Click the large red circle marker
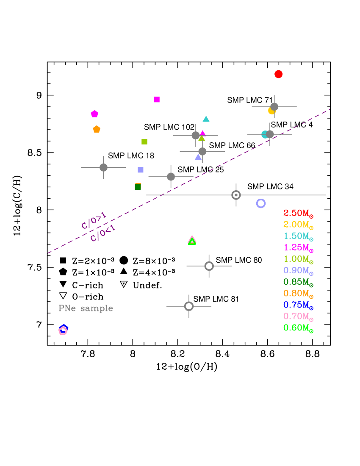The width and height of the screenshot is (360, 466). (x=278, y=74)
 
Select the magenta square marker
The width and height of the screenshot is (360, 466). (x=157, y=100)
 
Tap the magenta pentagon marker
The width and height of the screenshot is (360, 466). (x=94, y=114)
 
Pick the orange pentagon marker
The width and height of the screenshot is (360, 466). (x=97, y=129)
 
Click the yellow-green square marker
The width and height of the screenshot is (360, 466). (x=144, y=141)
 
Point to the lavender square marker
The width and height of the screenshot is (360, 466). (x=141, y=170)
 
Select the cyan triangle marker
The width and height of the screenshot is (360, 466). (x=206, y=119)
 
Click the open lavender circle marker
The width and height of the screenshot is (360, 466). (x=261, y=203)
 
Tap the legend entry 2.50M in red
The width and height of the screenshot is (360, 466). (x=298, y=213)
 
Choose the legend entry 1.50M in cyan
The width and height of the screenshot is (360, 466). (x=298, y=236)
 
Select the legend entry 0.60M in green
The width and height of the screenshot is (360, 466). (x=298, y=327)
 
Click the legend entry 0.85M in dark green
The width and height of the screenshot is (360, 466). (x=298, y=282)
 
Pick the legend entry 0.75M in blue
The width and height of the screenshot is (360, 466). (x=298, y=305)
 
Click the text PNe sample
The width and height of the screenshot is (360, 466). (x=86, y=308)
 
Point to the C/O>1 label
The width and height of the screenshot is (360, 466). (x=94, y=220)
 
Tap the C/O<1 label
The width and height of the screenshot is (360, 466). (x=102, y=233)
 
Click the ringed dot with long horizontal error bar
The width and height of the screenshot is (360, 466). (x=236, y=195)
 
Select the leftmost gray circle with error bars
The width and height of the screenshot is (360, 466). (x=103, y=167)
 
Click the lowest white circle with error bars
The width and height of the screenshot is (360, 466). (x=189, y=306)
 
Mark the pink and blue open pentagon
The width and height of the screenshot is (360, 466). (x=63, y=330)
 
